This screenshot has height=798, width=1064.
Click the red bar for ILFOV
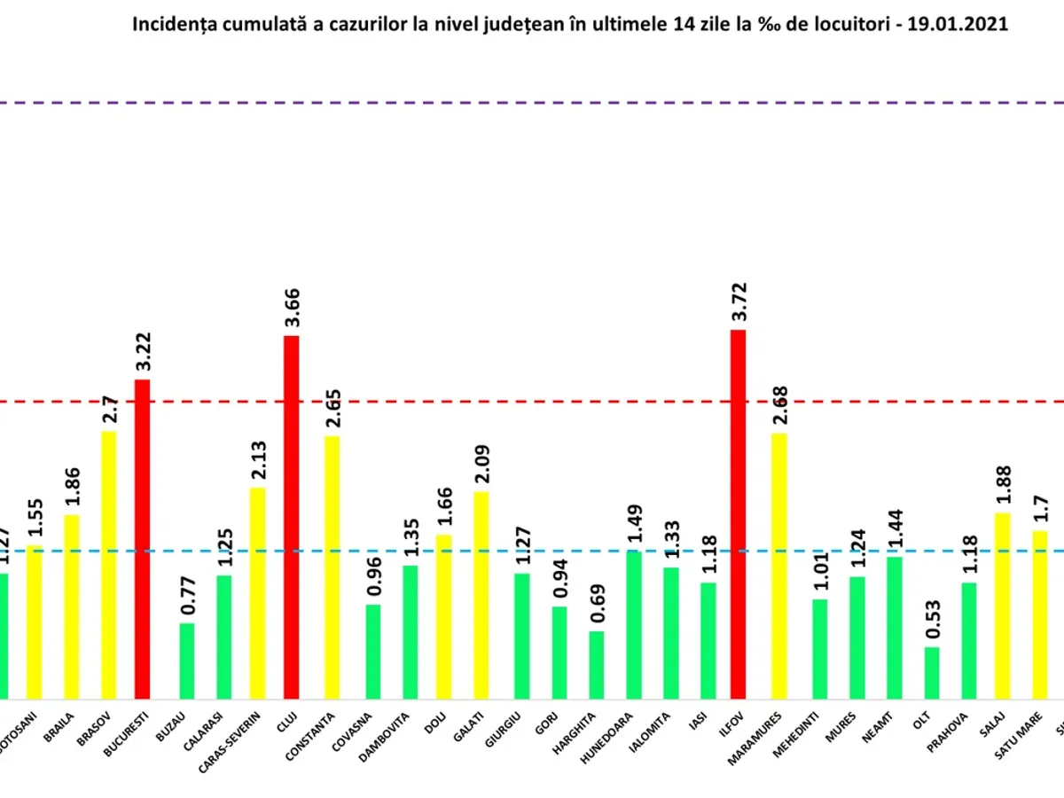click(738, 514)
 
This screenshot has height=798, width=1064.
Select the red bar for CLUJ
click(291, 518)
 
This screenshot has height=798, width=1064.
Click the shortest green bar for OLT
click(931, 674)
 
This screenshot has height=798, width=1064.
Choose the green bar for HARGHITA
click(597, 666)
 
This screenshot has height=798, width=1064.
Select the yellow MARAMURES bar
click(778, 567)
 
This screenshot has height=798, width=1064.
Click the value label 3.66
click(292, 309)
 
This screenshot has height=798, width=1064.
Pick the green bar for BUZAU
click(186, 661)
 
